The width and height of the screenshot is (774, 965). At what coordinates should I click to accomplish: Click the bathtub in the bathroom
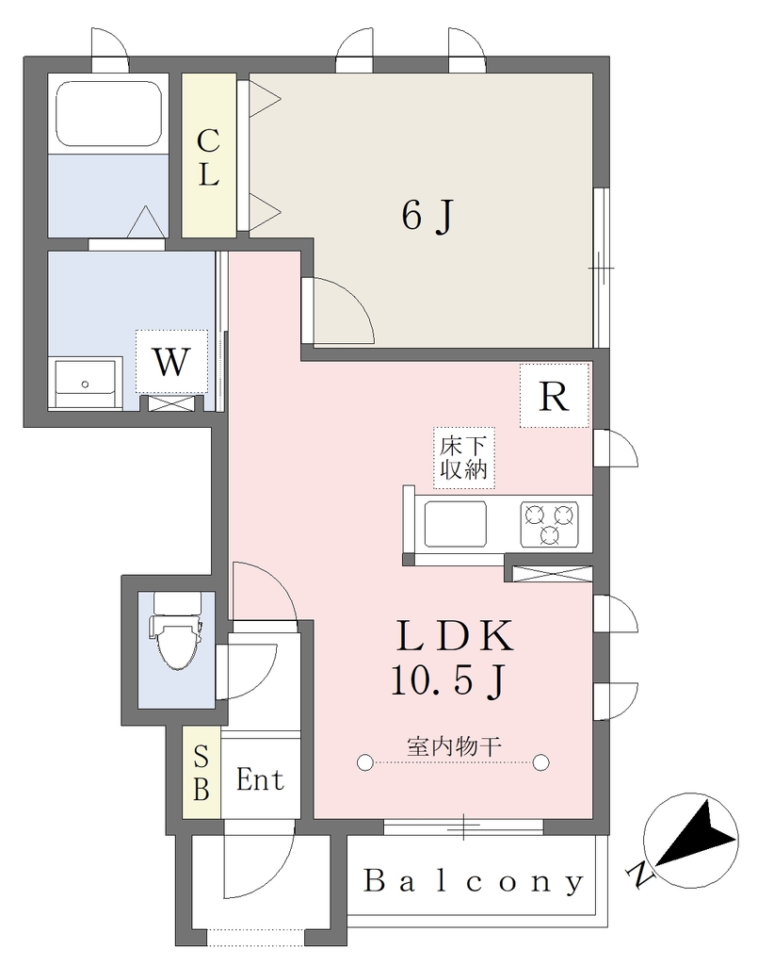(x=109, y=114)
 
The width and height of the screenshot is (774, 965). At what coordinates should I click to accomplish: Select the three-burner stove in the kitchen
(x=549, y=524)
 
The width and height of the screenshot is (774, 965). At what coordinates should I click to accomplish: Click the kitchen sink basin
(x=456, y=524)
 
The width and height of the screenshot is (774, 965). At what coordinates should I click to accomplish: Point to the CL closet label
(x=208, y=157)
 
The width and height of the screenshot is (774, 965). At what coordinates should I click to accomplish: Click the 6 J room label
(x=427, y=216)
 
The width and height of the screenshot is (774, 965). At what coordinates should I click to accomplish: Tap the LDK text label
(x=455, y=636)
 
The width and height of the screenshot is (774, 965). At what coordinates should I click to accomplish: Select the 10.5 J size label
(x=448, y=682)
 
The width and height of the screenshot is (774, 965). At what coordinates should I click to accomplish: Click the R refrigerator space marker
(x=554, y=396)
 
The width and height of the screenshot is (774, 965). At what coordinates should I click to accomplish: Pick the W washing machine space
(x=171, y=362)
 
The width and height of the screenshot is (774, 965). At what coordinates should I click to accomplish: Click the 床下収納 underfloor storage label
(x=463, y=458)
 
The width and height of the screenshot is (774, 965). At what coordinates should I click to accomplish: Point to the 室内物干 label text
(x=454, y=746)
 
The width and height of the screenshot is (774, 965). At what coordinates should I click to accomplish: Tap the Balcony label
(x=474, y=881)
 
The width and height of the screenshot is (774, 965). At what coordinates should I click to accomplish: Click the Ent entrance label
(x=261, y=780)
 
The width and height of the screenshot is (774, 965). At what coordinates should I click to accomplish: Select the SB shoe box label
(x=202, y=774)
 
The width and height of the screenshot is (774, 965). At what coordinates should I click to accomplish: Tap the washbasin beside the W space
(x=85, y=384)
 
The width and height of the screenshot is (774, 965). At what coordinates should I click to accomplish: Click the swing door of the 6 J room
(x=339, y=310)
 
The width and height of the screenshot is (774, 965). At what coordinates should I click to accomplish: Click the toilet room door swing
(x=246, y=672)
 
